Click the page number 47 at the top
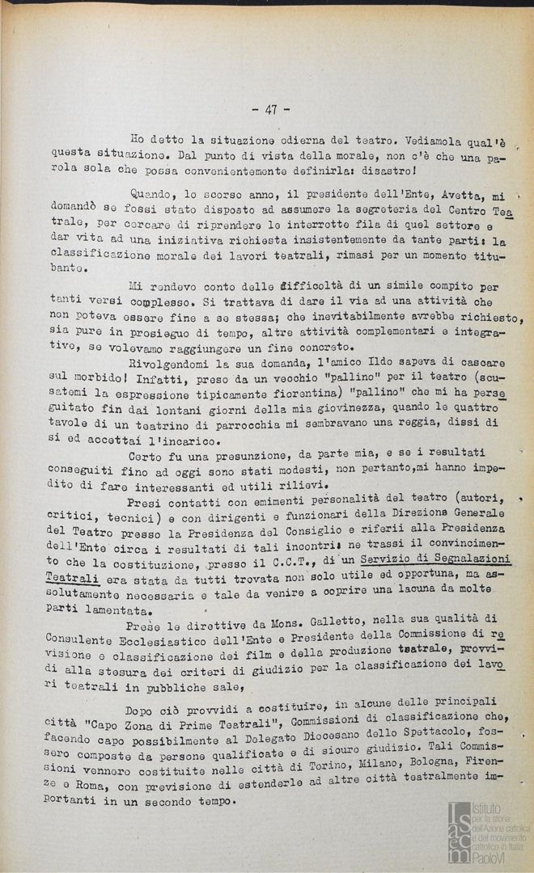point(271,110)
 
